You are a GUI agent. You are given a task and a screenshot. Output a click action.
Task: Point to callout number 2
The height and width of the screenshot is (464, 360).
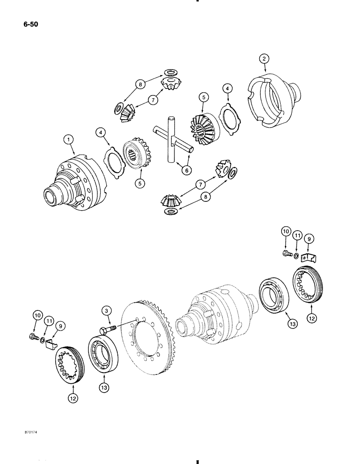click(x=264, y=58)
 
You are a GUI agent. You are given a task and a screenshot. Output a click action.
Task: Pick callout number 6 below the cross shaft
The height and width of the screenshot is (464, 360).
click(x=186, y=170)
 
